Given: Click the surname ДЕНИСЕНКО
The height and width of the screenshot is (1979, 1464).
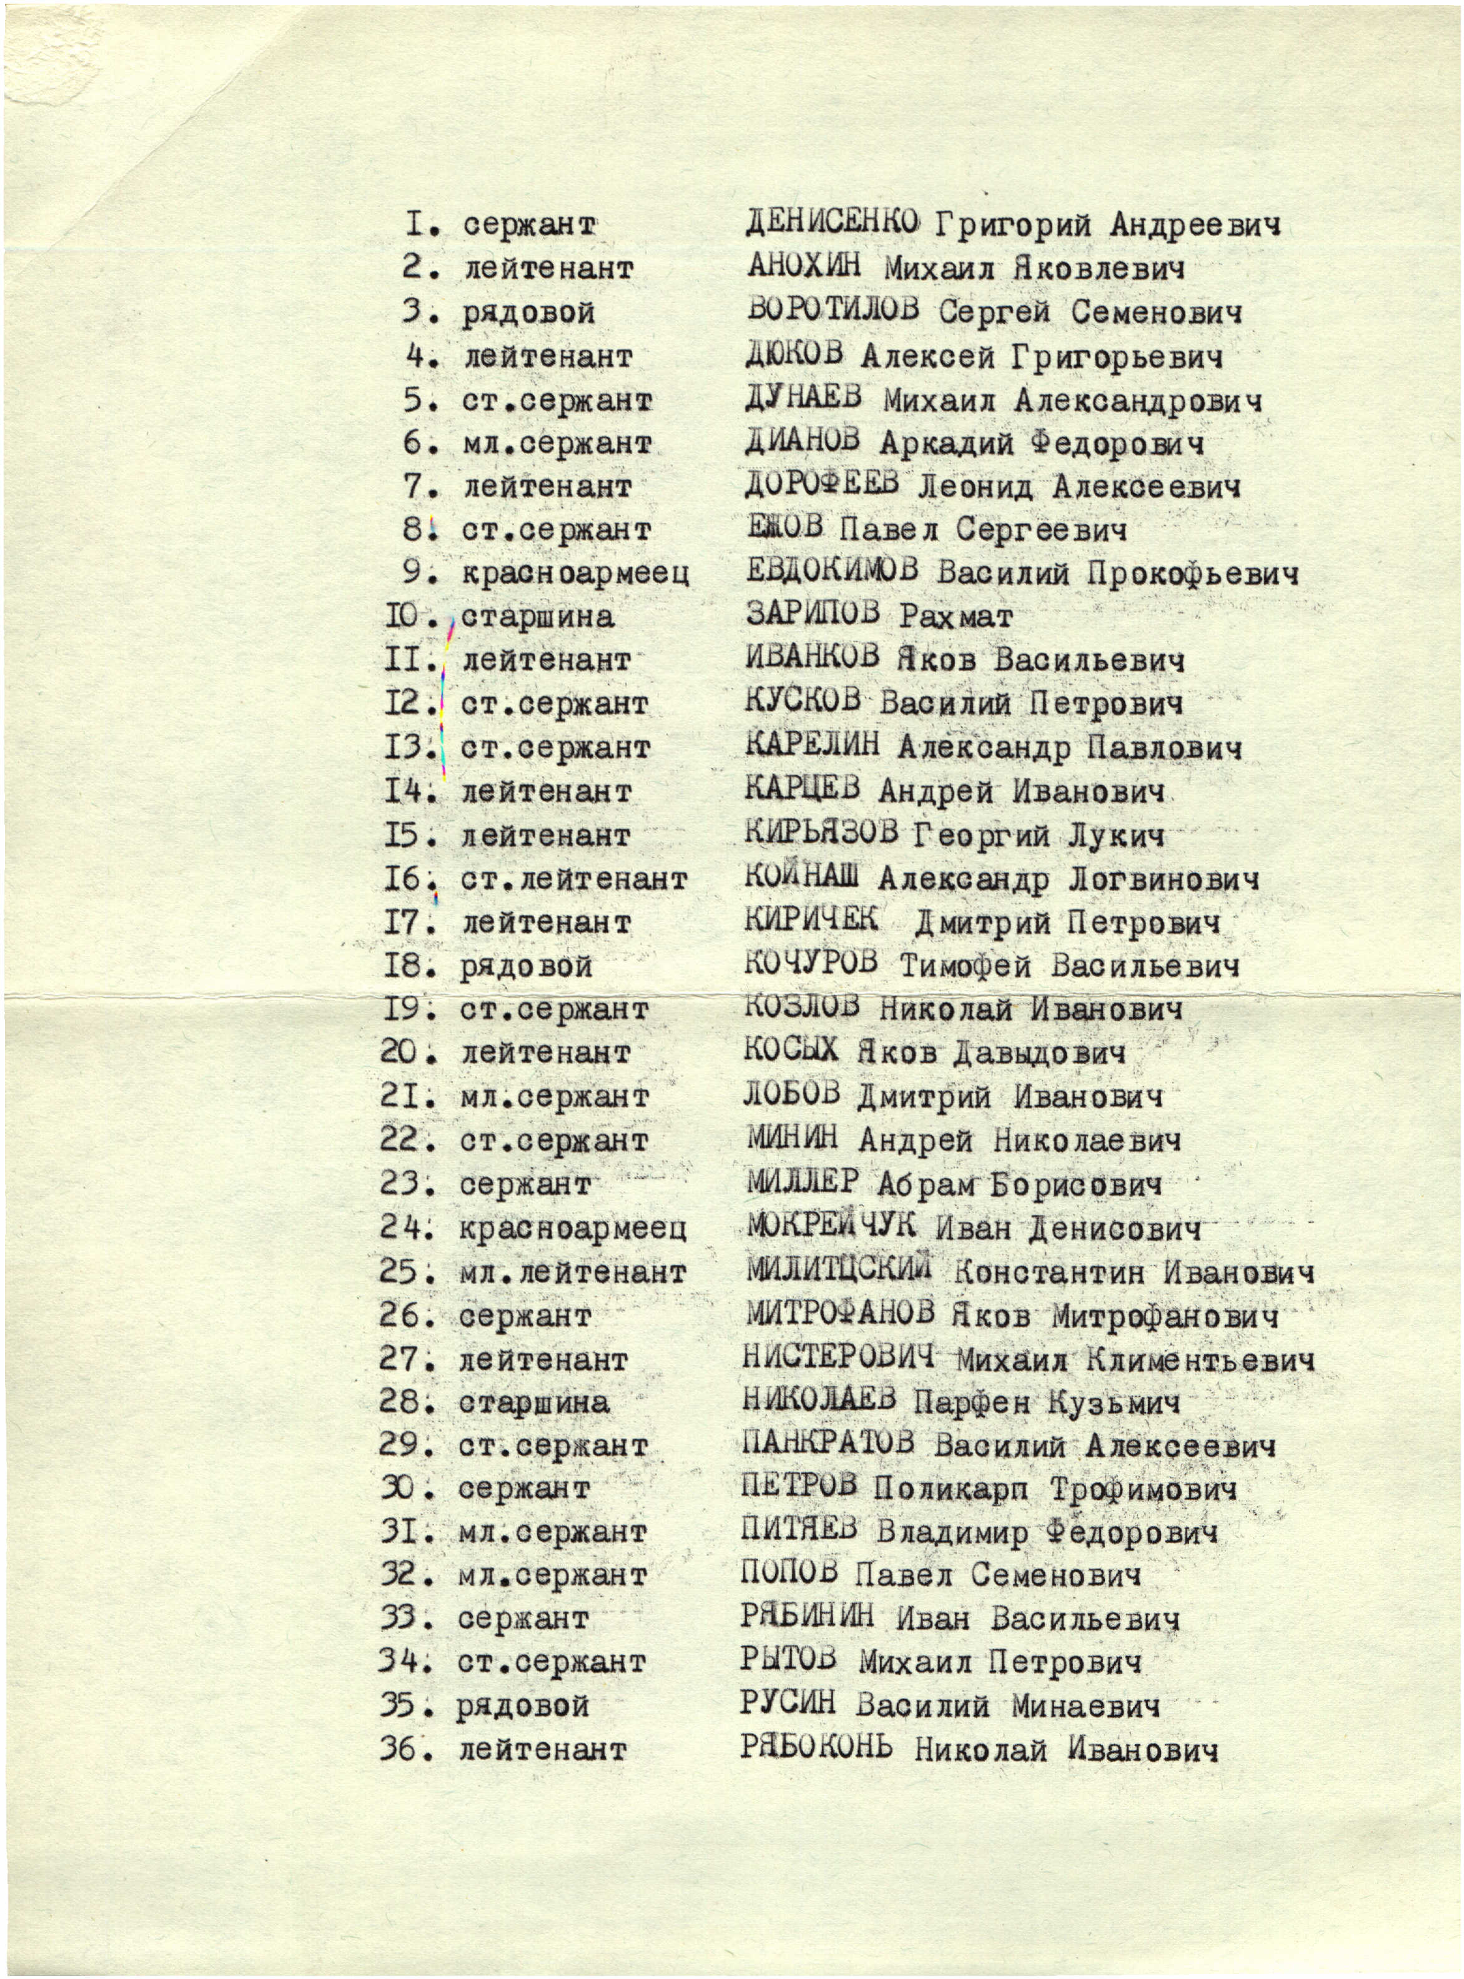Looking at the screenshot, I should tap(831, 222).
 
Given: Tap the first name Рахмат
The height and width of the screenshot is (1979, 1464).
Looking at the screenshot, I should tap(956, 616).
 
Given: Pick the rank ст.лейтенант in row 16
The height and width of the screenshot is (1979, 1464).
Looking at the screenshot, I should tap(573, 879).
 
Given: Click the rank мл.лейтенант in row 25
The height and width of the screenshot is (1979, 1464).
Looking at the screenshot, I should tap(573, 1272).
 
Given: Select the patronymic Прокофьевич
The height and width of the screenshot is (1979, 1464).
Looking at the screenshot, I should tap(1193, 574).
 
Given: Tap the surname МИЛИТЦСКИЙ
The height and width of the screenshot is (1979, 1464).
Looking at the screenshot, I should tap(838, 1270).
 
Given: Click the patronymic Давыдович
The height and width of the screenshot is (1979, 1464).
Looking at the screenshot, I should tap(1039, 1053).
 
